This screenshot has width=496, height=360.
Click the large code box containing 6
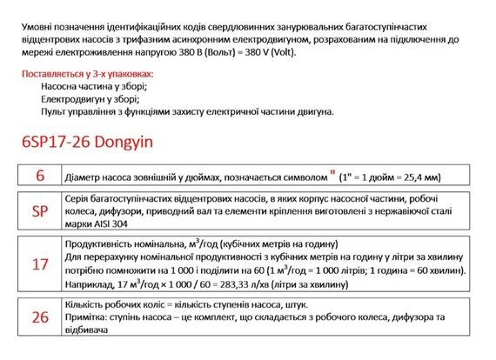coord(40,176)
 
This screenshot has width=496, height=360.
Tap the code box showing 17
coord(40,263)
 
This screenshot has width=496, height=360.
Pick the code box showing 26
coord(40,317)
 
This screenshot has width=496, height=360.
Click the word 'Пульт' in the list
coord(55,111)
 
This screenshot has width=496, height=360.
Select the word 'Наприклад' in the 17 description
coord(89,283)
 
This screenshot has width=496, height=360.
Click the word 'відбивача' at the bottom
coord(88,332)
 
